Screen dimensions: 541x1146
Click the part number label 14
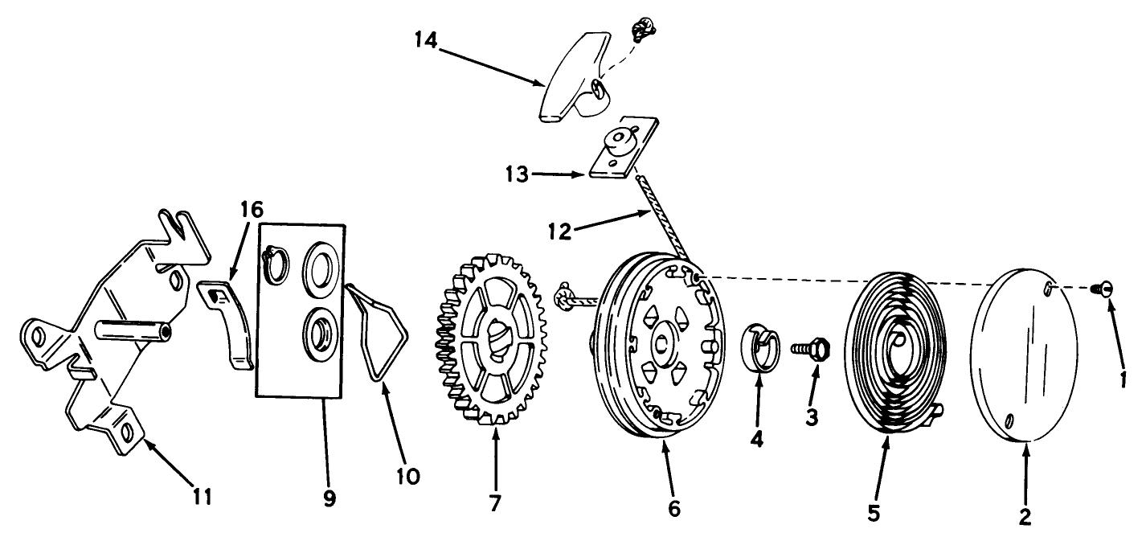coord(426,41)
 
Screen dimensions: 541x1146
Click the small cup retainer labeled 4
coord(759,347)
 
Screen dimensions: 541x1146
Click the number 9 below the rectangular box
coord(328,498)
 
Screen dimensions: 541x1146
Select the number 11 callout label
coord(203,497)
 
